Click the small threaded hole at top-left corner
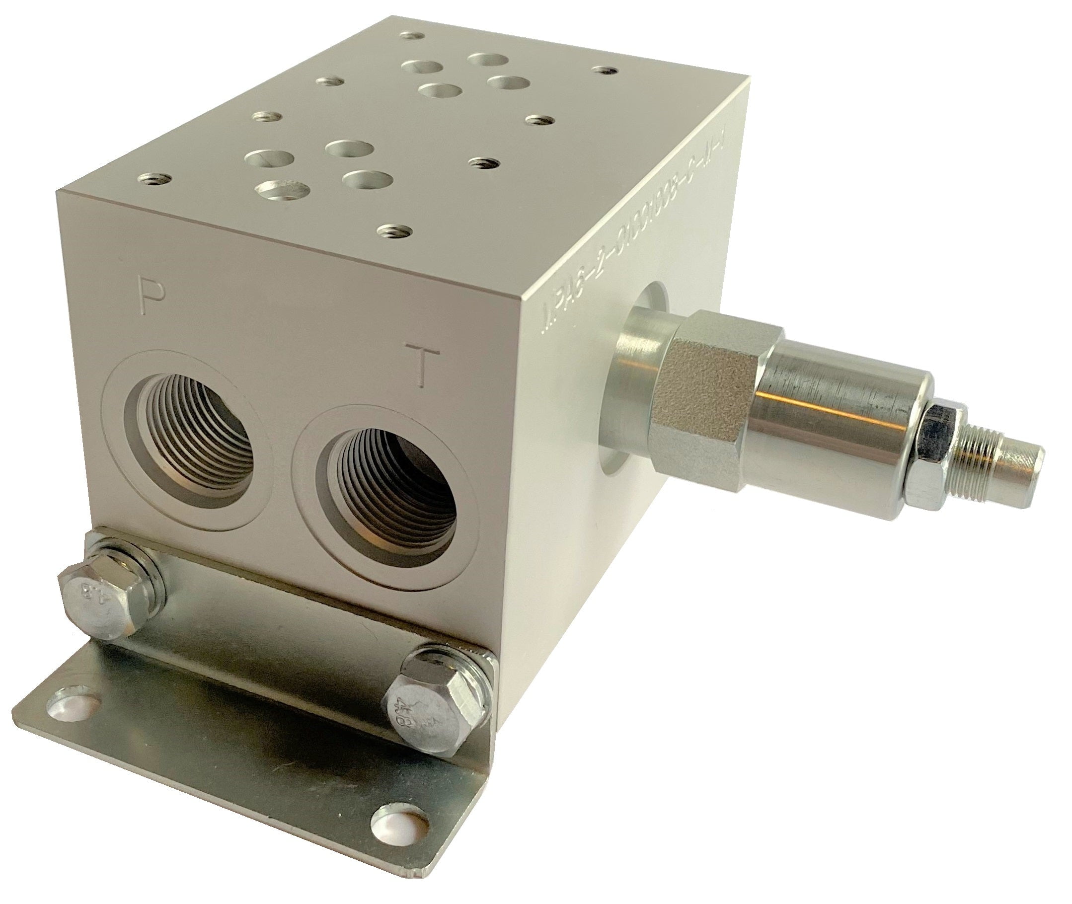(413, 35)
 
